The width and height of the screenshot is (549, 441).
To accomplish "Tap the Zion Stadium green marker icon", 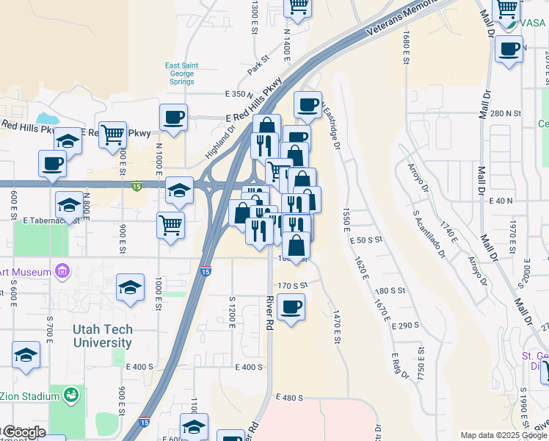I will [71, 395].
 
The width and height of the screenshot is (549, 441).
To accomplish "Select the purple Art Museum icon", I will [62, 272].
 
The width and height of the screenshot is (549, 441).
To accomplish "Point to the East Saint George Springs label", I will [179, 73].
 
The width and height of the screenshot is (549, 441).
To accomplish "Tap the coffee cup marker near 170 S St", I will [291, 306].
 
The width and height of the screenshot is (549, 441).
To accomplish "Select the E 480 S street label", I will [291, 397].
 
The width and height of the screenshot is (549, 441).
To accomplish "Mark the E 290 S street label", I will [405, 325].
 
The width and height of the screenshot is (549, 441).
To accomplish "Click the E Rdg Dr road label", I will [400, 364].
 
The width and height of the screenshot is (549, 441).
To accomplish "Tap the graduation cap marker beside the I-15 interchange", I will [179, 191].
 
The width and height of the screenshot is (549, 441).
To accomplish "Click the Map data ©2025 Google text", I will [503, 434].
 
